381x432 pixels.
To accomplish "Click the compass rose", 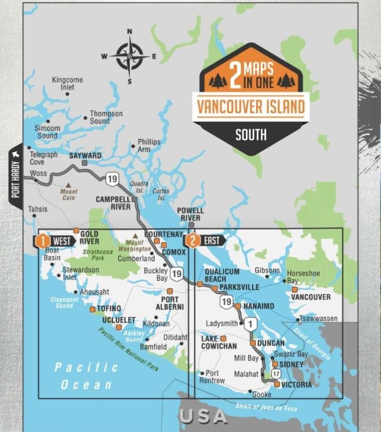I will (129, 56).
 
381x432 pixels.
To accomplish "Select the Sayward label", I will (85, 156).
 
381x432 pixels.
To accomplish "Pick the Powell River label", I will (190, 214).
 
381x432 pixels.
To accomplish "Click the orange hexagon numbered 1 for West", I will (43, 241).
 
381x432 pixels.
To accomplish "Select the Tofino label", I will (109, 309).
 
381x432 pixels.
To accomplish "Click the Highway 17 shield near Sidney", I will (275, 373).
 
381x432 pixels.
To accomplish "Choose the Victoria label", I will (297, 385).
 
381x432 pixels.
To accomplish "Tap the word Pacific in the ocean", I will (86, 368).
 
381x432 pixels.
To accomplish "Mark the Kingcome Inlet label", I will (67, 83).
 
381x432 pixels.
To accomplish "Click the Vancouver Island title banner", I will (251, 106).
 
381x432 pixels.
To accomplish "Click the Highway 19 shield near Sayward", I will (112, 179).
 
